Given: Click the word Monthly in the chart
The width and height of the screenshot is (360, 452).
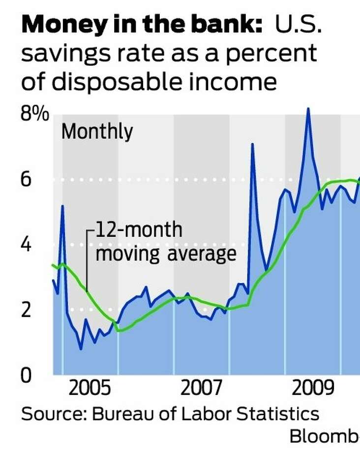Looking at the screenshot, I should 97,132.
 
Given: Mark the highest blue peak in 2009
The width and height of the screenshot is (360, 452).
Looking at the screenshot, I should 308,109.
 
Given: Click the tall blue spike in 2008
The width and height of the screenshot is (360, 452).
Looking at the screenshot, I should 252,144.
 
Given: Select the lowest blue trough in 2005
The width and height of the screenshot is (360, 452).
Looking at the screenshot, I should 81,349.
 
